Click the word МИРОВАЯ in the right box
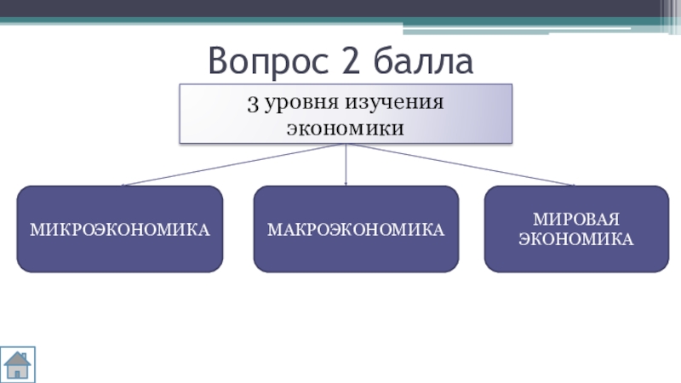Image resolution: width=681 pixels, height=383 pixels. coord(576,220)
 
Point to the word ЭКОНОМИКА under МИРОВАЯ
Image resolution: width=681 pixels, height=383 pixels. coord(576,239)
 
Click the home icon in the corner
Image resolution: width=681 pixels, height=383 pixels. coord(18,364)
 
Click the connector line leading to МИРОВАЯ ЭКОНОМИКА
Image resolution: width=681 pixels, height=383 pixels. coord(460,163)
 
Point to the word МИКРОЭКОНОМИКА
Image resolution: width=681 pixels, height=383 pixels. coord(120,230)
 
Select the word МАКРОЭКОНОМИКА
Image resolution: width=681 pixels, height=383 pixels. coord(356,230)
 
